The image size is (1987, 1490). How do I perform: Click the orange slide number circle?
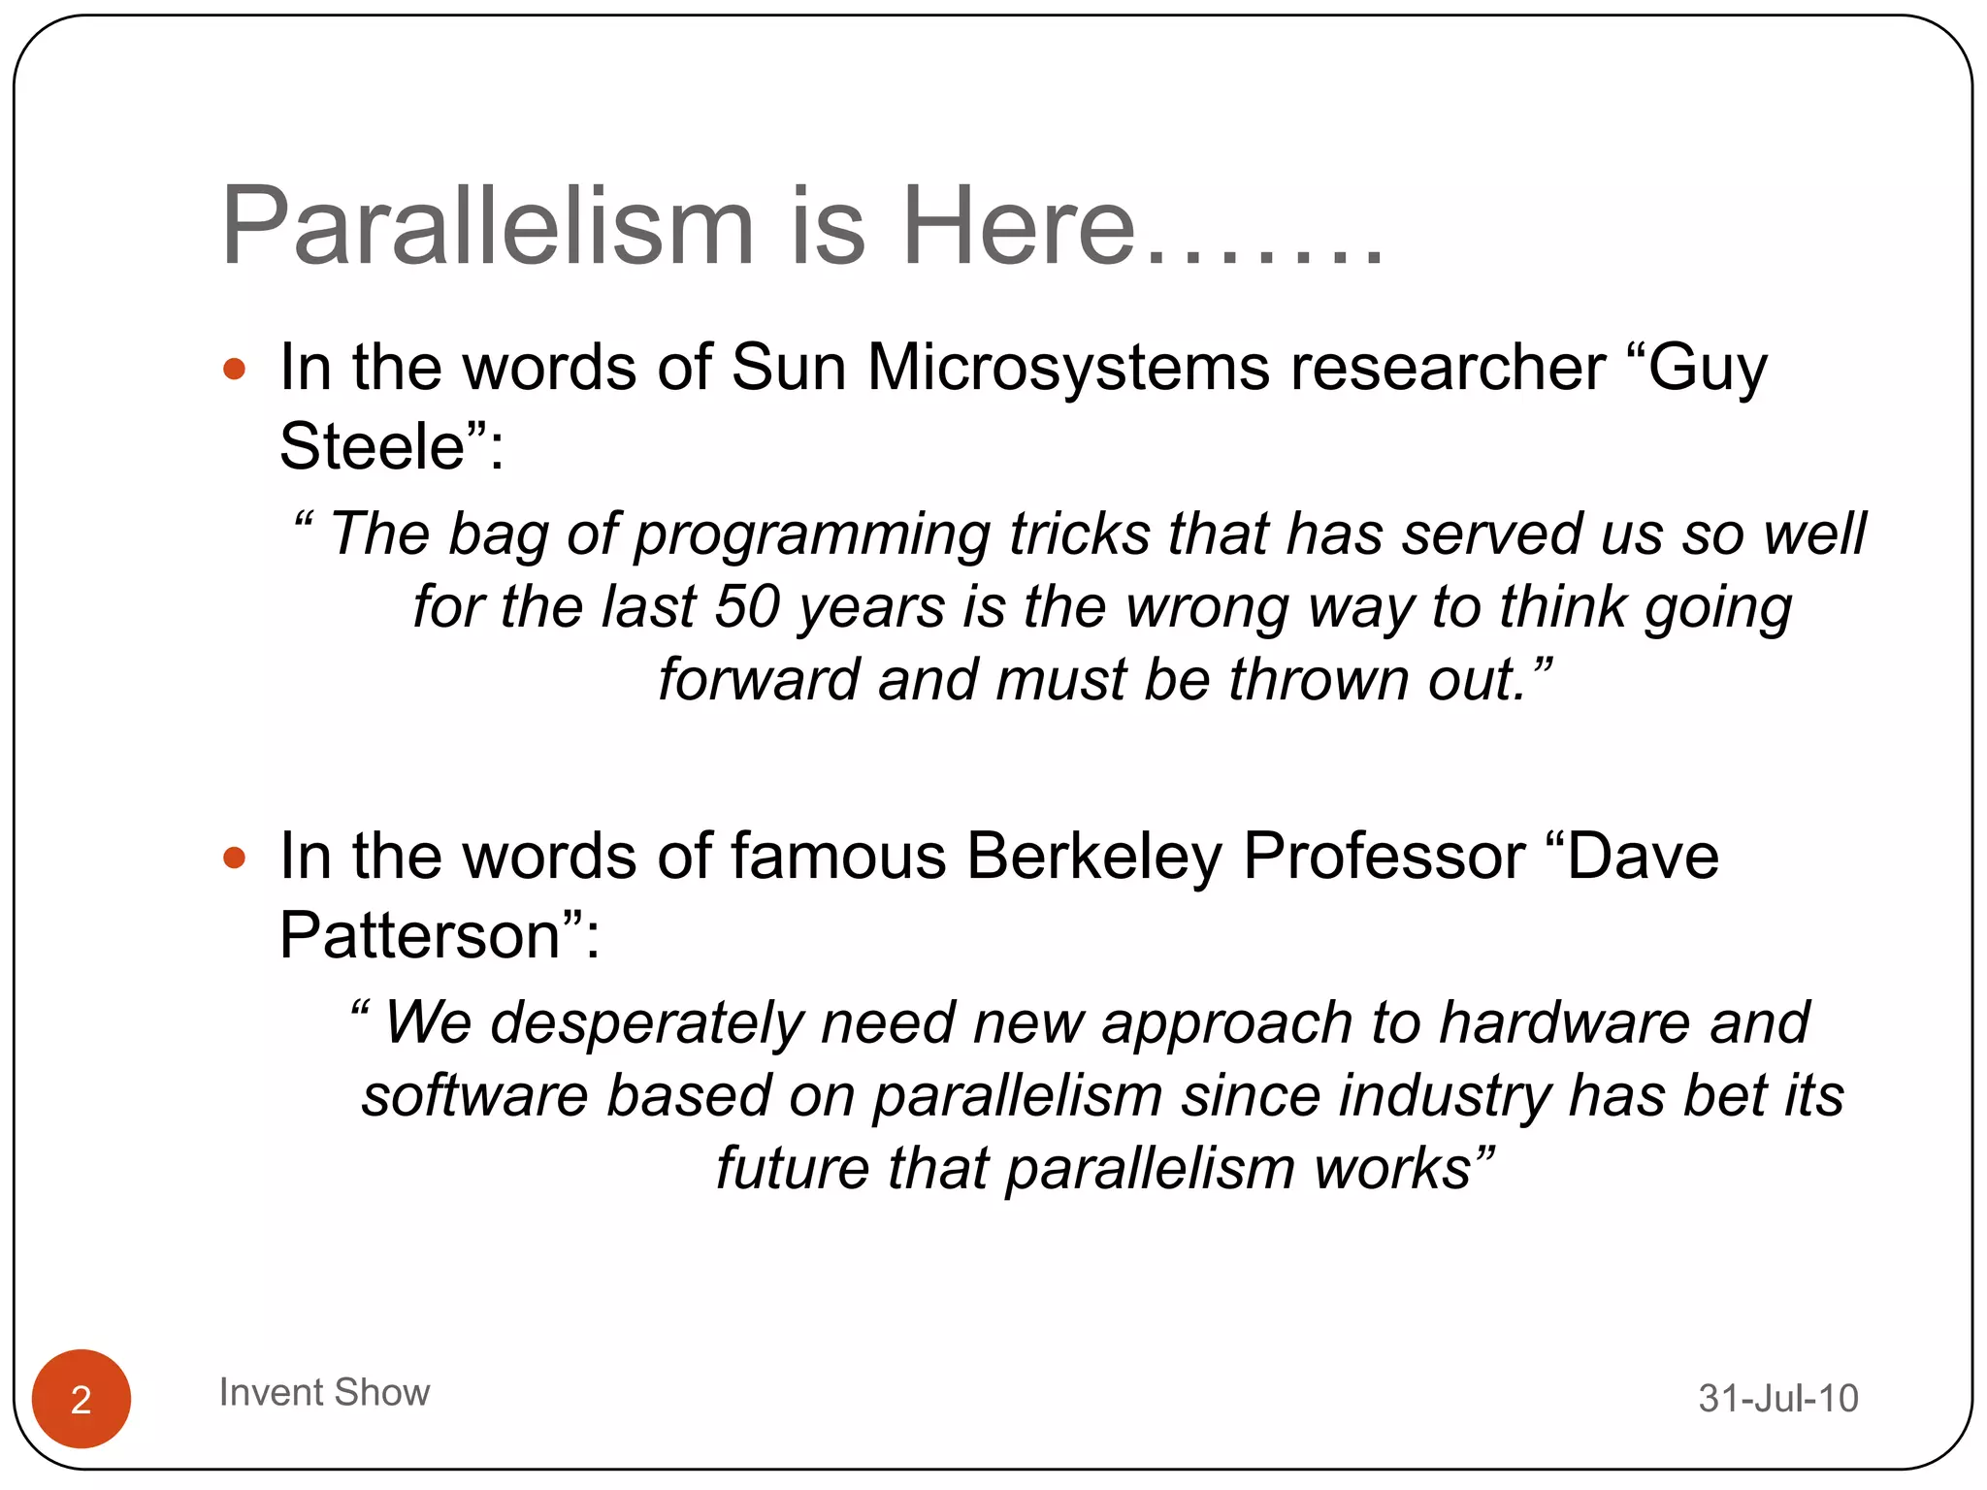[81, 1398]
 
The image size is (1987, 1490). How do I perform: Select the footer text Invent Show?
[324, 1392]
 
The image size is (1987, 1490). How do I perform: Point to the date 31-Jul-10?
[1777, 1398]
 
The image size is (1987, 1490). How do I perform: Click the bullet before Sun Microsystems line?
[234, 369]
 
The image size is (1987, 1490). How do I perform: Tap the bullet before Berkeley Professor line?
[234, 858]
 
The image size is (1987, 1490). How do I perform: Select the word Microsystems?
[1068, 368]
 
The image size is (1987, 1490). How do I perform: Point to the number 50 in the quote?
[747, 607]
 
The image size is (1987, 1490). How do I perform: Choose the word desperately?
[646, 1023]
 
